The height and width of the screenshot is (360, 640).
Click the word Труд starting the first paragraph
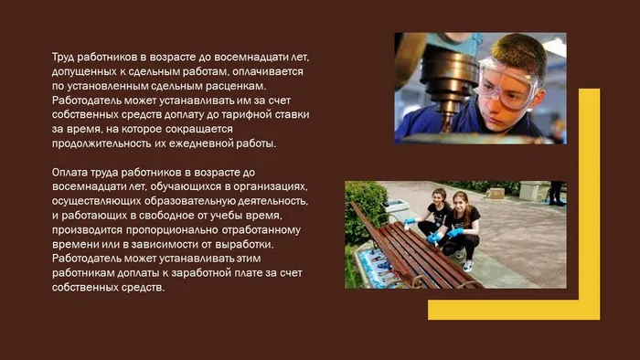65,57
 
